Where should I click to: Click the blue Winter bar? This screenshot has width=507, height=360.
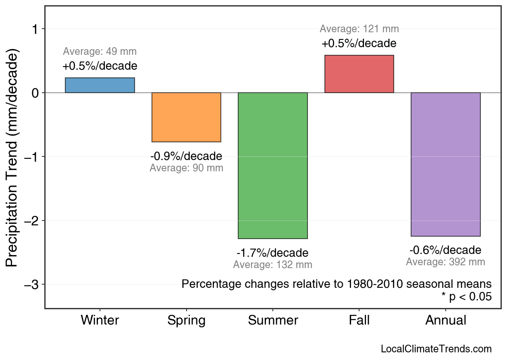[100, 85]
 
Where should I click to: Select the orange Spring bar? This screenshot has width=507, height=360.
[186, 117]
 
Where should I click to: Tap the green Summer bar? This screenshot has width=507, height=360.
[273, 165]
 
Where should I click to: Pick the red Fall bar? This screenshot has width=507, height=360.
[359, 74]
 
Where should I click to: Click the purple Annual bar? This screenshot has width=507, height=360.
[445, 164]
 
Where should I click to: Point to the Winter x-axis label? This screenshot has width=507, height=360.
[100, 320]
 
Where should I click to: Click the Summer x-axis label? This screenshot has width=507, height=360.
[273, 320]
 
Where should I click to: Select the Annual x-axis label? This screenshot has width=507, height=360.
[445, 320]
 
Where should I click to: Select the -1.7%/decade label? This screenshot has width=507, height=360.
[272, 253]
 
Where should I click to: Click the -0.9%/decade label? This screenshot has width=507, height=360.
[186, 156]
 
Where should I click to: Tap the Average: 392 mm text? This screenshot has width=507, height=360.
[445, 262]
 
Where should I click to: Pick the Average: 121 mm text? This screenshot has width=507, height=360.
[359, 29]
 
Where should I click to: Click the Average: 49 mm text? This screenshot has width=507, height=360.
[100, 52]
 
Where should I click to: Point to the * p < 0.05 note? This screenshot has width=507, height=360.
[466, 297]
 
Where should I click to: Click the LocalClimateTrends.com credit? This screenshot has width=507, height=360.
[436, 349]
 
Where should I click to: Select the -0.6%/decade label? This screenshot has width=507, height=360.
[445, 250]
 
